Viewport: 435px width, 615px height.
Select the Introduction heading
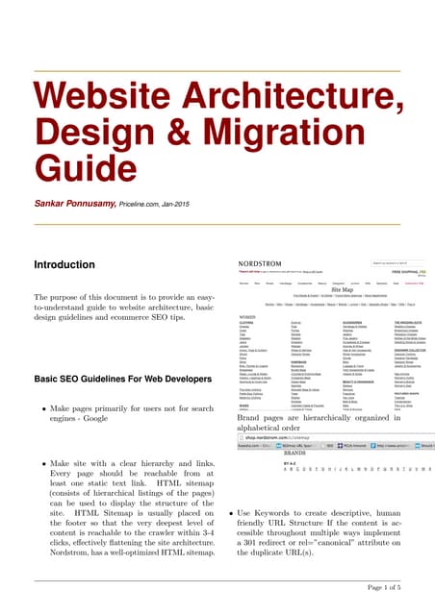tap(70, 264)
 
